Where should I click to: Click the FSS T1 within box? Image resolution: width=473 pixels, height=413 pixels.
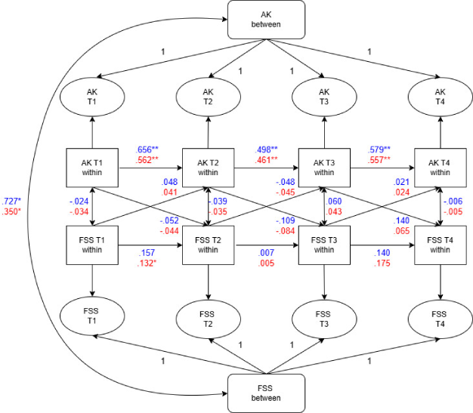(x=91, y=245)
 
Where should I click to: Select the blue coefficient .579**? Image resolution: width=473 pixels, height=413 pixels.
(x=379, y=149)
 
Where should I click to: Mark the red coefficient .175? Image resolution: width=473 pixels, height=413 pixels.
(x=382, y=264)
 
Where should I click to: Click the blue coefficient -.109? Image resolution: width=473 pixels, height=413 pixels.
(x=285, y=219)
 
